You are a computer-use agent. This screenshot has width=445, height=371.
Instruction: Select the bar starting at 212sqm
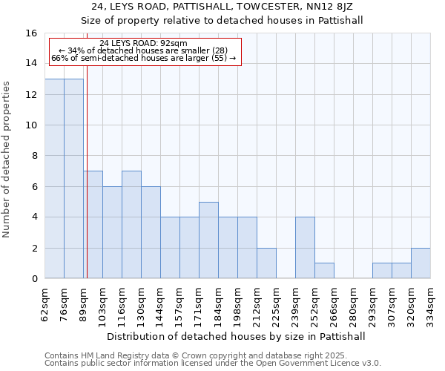point(266,263)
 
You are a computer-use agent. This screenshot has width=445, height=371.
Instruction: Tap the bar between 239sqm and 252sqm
point(305,248)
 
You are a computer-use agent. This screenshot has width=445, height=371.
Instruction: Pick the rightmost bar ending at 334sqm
point(421,263)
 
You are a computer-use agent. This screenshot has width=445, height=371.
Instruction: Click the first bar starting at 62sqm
point(54,179)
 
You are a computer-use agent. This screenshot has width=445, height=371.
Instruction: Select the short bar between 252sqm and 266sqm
point(324,271)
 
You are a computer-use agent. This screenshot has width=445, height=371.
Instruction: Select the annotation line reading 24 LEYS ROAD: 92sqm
point(143,44)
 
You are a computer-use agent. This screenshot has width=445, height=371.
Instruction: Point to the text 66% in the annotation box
point(59,58)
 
